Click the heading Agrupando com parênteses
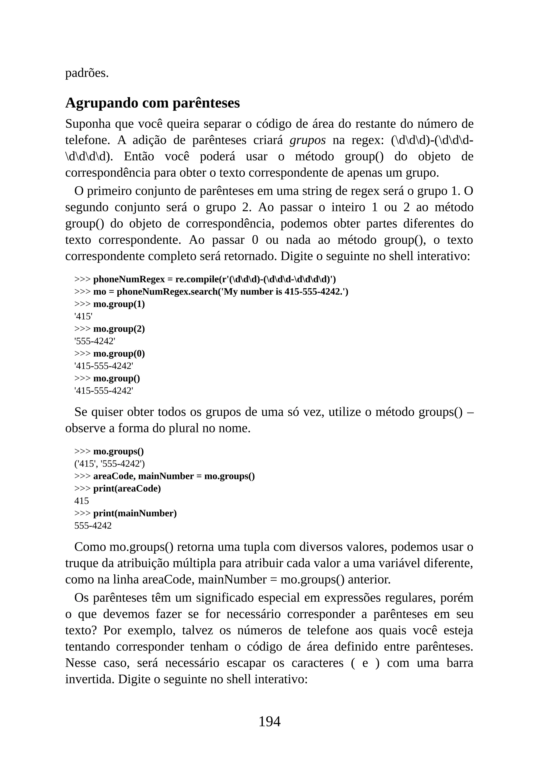pos(152,103)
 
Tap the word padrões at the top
pos(87,73)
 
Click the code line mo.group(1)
pos(119,304)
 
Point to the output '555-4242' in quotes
pos(95,341)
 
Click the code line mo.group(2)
pos(119,329)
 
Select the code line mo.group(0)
pos(119,354)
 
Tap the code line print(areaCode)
pos(127,489)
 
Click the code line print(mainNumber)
pos(135,513)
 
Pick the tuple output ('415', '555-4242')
pos(109,464)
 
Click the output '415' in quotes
pos(83,317)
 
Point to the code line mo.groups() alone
pos(118,451)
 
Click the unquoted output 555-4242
pos(93,526)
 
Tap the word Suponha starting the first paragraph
pos(88,124)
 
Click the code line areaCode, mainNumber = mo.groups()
pos(174,476)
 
